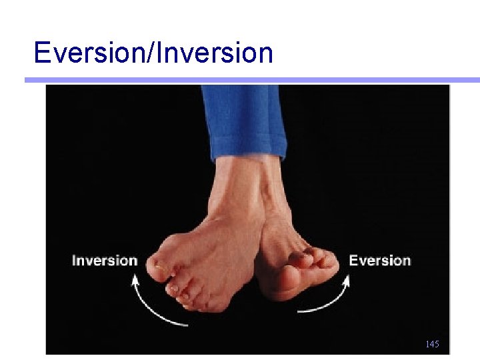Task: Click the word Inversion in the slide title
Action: pyautogui.click(x=214, y=53)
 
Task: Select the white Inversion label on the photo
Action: pyautogui.click(x=104, y=261)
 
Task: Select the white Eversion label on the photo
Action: pyautogui.click(x=380, y=260)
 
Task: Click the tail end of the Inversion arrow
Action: pyautogui.click(x=186, y=325)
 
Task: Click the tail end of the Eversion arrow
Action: pyautogui.click(x=298, y=311)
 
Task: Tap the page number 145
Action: pyautogui.click(x=432, y=345)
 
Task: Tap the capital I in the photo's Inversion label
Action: pyautogui.click(x=74, y=261)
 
